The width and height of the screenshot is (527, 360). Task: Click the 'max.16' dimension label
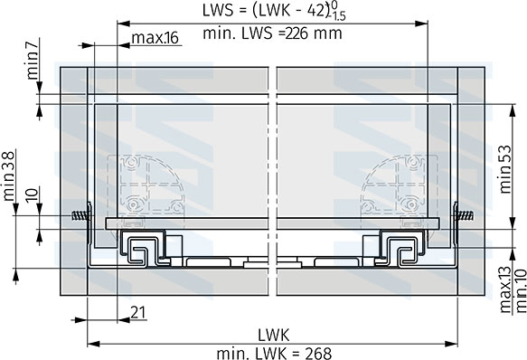click(155, 38)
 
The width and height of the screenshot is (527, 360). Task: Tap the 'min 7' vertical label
click(33, 59)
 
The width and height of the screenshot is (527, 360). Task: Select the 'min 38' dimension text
click(8, 176)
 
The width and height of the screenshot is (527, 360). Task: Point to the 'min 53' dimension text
click(505, 169)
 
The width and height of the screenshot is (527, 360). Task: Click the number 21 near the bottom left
click(138, 313)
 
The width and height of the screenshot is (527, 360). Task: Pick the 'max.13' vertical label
click(505, 290)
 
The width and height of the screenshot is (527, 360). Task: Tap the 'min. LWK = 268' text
click(274, 354)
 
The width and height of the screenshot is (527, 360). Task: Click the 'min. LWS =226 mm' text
click(273, 33)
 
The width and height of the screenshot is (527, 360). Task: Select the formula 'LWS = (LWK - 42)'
click(266, 11)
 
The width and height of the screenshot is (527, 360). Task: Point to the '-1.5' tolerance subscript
click(337, 15)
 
